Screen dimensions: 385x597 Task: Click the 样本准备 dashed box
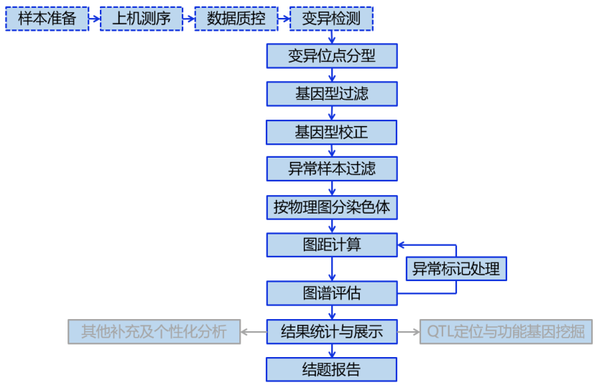47,19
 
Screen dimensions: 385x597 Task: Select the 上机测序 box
142,19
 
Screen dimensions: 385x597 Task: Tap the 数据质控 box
236,19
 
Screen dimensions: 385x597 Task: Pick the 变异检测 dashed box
331,19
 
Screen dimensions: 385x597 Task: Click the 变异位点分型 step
331,56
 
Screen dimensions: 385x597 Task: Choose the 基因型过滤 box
331,93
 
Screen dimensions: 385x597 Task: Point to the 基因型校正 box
331,132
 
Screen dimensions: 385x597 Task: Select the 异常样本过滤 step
331,169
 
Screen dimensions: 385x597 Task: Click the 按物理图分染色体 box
331,207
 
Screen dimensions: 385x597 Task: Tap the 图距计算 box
331,244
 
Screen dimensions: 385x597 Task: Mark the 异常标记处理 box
456,269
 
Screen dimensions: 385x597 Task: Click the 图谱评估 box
331,293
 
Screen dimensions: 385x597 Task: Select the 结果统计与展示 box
331,331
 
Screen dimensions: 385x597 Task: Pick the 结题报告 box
331,369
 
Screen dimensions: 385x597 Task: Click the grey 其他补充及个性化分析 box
154,331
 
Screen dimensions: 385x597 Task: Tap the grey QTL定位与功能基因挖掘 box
506,331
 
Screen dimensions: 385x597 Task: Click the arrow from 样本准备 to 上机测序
94,19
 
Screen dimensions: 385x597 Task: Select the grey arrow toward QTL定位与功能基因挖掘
409,332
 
